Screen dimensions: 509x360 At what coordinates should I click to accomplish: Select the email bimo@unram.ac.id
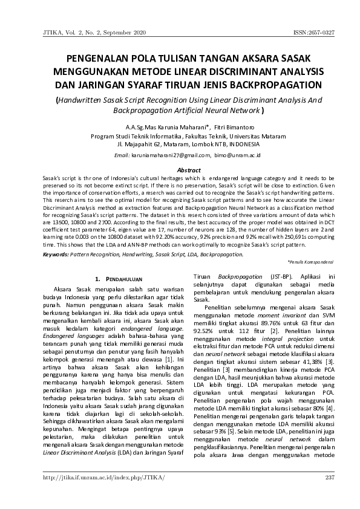[x=237, y=155]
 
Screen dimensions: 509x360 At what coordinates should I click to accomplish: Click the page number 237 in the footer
[x=329, y=479]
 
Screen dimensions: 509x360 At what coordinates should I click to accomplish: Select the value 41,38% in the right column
[x=314, y=361]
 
